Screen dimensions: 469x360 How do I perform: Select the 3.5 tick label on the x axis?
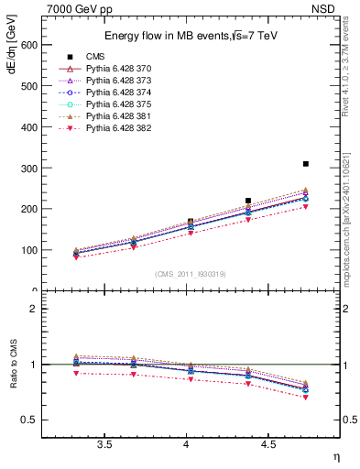pyautogui.click(x=104, y=444)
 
